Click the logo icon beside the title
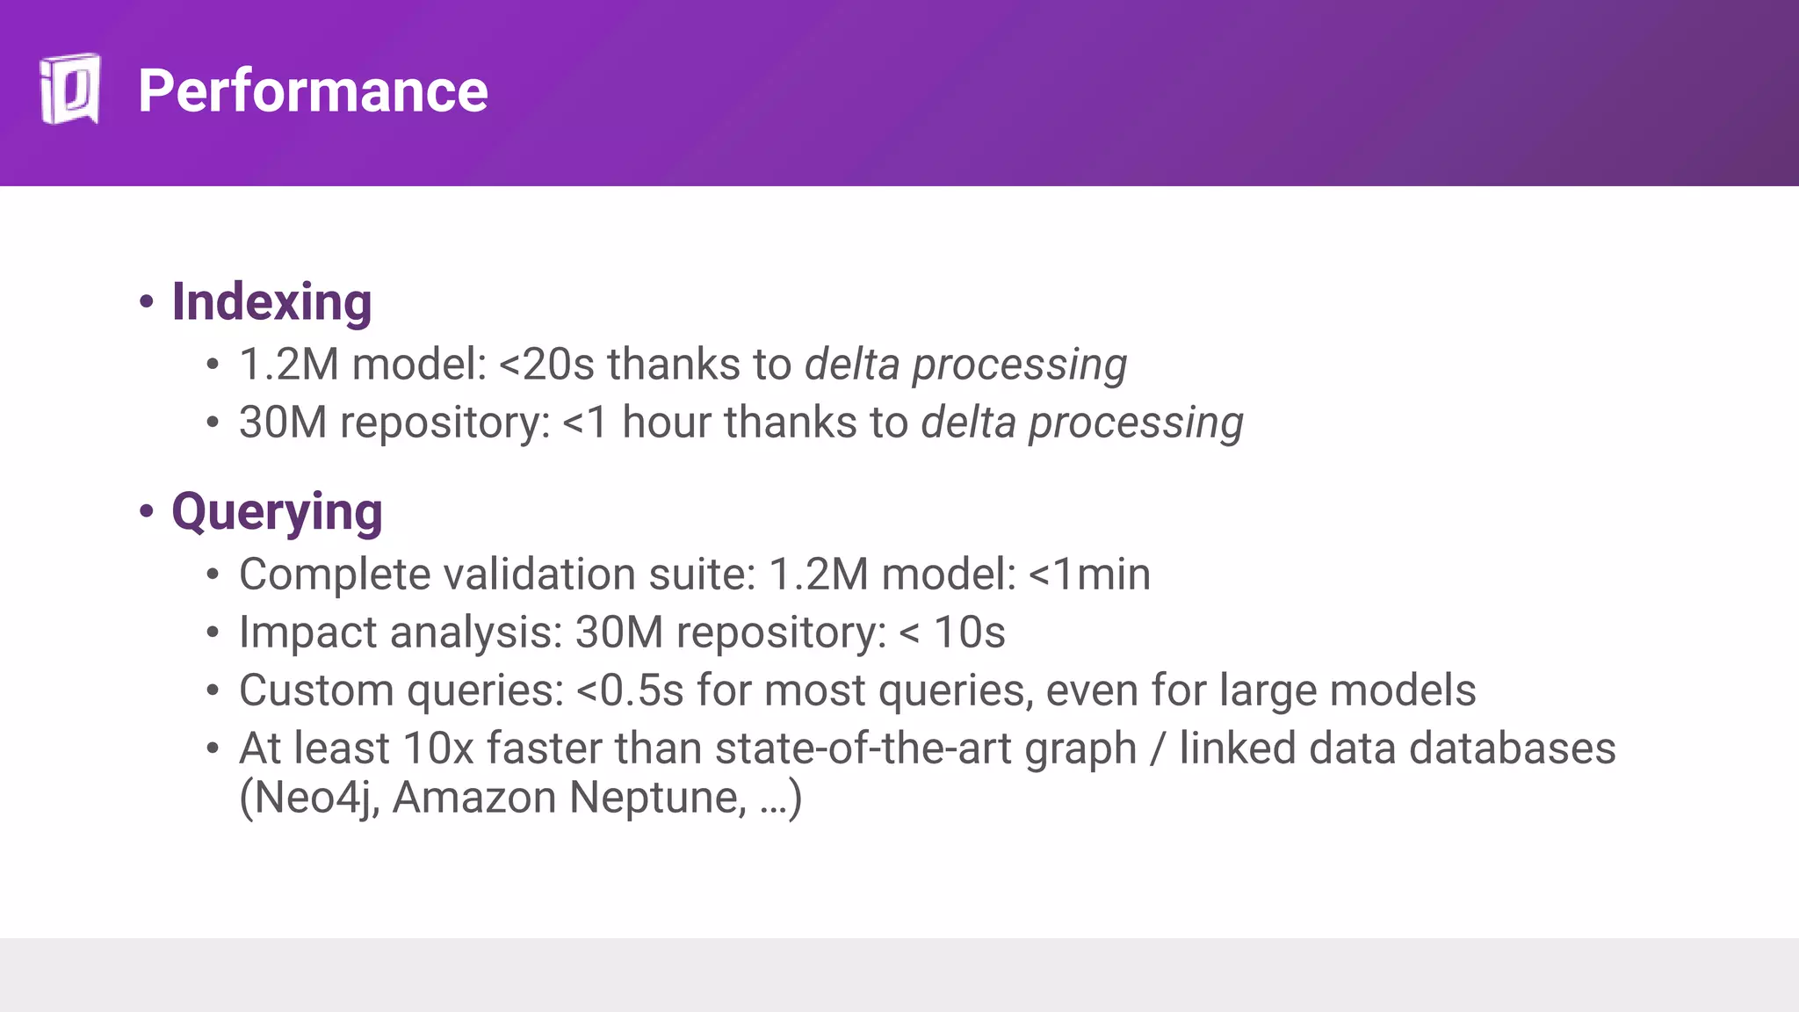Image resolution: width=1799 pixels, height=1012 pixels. pyautogui.click(x=69, y=90)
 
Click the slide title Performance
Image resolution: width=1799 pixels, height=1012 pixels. pyautogui.click(x=313, y=91)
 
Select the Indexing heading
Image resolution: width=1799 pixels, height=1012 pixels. pyautogui.click(x=271, y=302)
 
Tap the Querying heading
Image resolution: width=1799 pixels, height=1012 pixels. pyautogui.click(x=277, y=511)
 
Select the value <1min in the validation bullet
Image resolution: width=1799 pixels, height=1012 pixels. pyautogui.click(x=1089, y=575)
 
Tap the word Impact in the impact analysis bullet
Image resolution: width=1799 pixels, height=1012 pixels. pyautogui.click(x=308, y=632)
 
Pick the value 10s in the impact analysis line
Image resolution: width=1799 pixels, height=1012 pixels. pyautogui.click(x=969, y=632)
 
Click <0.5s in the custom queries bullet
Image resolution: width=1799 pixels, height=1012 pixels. pyautogui.click(x=630, y=690)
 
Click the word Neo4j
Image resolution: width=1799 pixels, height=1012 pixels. pyautogui.click(x=316, y=798)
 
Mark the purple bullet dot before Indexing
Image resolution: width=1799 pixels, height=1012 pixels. pyautogui.click(x=147, y=302)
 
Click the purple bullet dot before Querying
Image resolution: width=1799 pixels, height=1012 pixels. pyautogui.click(x=147, y=511)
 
